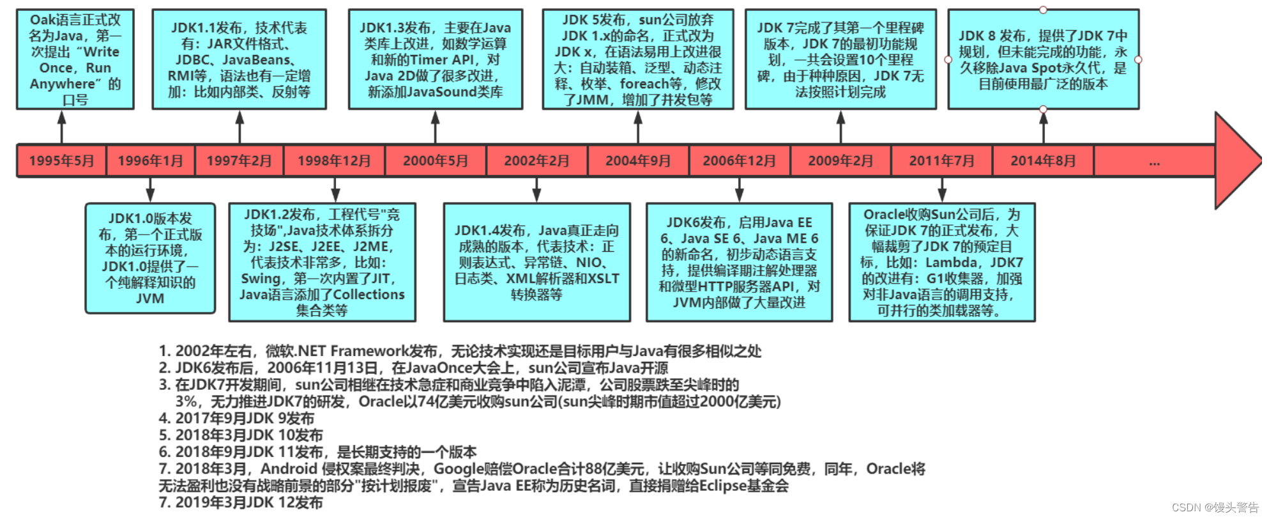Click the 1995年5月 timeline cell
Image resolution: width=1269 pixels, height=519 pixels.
click(61, 160)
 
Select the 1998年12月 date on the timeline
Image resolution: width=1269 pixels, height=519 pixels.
click(334, 160)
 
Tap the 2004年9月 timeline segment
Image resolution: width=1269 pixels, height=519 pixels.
click(638, 160)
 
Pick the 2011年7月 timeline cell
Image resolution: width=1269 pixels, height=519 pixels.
click(941, 160)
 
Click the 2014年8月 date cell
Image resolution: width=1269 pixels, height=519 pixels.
click(1043, 160)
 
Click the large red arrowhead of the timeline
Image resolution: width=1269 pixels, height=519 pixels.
click(1236, 160)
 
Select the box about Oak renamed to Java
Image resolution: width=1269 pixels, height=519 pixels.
click(75, 59)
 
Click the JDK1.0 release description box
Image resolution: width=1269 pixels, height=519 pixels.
click(150, 258)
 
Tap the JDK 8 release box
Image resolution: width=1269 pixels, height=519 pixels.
click(1043, 59)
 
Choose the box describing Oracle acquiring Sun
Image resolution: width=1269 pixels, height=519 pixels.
click(941, 262)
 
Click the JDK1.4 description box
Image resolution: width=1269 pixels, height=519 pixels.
click(536, 262)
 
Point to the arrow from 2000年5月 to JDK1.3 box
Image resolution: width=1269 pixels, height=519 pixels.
click(436, 127)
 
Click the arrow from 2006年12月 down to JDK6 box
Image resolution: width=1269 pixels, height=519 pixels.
click(739, 190)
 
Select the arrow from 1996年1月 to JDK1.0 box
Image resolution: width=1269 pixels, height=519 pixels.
click(150, 190)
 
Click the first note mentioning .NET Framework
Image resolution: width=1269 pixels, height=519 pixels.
click(460, 351)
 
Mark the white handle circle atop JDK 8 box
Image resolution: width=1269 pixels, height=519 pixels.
click(1043, 10)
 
